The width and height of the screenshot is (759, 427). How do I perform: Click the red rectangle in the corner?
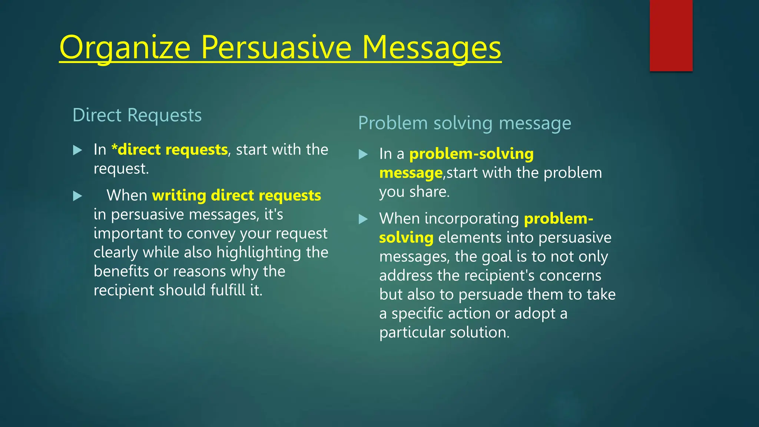[671, 35]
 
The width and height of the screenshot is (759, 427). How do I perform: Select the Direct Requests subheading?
[137, 115]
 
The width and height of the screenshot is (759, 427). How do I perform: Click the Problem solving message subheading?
[464, 123]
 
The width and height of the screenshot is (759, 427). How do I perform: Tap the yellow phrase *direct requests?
[169, 150]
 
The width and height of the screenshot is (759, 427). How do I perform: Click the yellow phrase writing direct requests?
[236, 195]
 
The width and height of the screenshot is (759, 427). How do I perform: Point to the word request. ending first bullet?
[121, 169]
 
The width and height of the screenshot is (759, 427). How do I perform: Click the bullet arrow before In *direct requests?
[77, 150]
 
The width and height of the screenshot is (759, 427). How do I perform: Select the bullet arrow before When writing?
[77, 196]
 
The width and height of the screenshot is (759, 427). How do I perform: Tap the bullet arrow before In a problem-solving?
[363, 154]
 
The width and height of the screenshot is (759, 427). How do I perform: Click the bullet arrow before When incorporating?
[363, 219]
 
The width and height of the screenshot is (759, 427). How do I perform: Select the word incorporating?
[471, 219]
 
